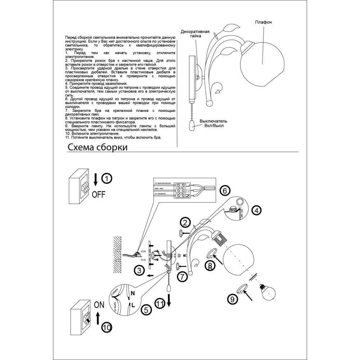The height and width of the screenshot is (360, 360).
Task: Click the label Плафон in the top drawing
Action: pos(264,22)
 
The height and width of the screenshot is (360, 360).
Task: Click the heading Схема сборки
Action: pos(97,147)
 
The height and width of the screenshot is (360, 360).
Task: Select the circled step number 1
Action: pos(107,178)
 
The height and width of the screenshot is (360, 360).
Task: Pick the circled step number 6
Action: pos(224,190)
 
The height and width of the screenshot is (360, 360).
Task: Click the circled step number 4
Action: pos(256,210)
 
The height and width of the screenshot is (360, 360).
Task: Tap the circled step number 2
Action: pos(185,222)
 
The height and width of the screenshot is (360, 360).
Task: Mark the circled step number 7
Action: pos(183,277)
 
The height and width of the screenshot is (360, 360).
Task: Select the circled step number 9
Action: pos(232,298)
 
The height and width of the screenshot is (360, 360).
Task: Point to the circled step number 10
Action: pos(107,327)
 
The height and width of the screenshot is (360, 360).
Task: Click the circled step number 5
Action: pos(145,309)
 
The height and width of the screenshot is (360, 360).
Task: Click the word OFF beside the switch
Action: pos(99,195)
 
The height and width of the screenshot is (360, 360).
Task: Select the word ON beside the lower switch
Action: pos(99,305)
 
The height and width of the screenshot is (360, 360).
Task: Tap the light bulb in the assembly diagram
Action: pos(269,293)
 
